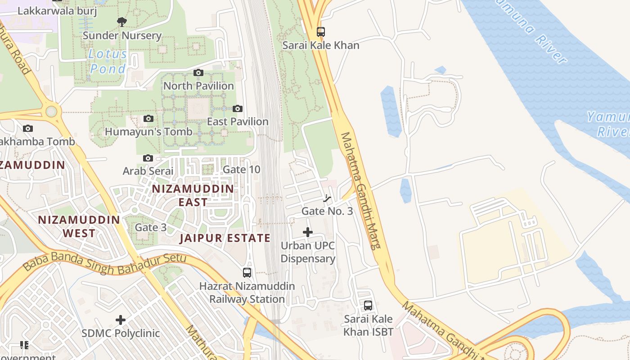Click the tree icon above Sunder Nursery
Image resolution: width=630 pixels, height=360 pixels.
121,21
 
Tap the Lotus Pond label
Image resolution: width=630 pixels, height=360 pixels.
108,62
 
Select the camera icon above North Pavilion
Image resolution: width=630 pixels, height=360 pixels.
198,72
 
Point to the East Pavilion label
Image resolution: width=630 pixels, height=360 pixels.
238,121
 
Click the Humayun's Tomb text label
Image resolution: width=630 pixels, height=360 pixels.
148,132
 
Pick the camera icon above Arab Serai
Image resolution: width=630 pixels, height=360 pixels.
148,158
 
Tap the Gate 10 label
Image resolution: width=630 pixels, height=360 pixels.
242,170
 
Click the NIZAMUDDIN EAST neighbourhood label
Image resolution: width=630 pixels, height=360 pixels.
193,195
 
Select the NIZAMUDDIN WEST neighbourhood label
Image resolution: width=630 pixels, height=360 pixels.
79,226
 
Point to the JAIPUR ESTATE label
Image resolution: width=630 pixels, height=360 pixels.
225,238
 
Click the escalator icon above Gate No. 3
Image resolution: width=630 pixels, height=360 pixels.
327,198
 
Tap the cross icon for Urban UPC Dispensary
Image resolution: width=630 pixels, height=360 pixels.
308,232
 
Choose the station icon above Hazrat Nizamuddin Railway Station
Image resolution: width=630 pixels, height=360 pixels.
247,272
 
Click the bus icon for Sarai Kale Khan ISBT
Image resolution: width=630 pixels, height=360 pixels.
368,306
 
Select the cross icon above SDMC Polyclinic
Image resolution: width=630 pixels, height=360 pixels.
121,320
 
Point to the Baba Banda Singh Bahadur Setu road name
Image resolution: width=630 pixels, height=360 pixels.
104,263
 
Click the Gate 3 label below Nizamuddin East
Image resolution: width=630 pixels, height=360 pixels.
151,227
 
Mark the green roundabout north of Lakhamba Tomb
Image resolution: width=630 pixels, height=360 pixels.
52,111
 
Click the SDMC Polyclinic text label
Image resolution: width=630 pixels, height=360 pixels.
121,333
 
